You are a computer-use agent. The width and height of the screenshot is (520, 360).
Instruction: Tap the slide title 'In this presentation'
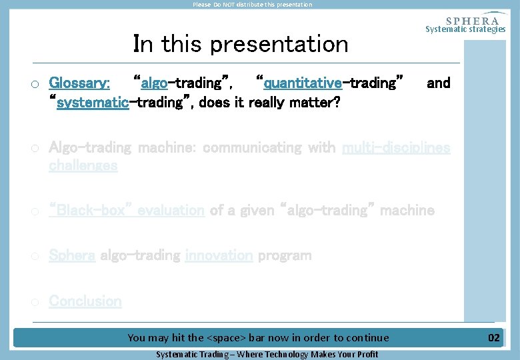[x=241, y=44]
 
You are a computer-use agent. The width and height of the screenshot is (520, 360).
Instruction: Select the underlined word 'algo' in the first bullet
[x=154, y=83]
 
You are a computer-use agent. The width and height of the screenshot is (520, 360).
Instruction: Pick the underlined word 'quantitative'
[x=303, y=83]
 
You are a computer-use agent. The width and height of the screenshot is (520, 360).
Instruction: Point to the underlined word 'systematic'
[x=92, y=103]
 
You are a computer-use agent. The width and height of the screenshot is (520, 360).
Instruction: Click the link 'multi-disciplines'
[x=396, y=147]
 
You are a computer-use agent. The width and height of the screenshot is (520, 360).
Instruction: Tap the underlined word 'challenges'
[x=83, y=165]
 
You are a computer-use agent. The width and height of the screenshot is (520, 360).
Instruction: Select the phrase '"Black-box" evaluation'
[x=127, y=211]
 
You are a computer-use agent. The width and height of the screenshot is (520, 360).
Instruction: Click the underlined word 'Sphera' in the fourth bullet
[x=72, y=255]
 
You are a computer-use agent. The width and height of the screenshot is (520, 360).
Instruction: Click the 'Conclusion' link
[x=85, y=301]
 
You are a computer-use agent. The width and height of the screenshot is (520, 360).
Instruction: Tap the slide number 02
[x=493, y=338]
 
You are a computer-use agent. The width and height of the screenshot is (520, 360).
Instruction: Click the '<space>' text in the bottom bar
[x=227, y=338]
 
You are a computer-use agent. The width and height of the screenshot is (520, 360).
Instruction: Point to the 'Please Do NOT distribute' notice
[x=252, y=5]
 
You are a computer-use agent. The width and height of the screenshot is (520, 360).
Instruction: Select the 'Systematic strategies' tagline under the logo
[x=465, y=29]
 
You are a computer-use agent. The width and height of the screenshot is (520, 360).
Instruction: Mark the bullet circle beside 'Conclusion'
[x=34, y=302]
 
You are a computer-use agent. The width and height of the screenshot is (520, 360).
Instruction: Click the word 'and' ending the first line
[x=438, y=83]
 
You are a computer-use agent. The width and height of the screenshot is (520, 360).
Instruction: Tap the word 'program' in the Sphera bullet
[x=285, y=255]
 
